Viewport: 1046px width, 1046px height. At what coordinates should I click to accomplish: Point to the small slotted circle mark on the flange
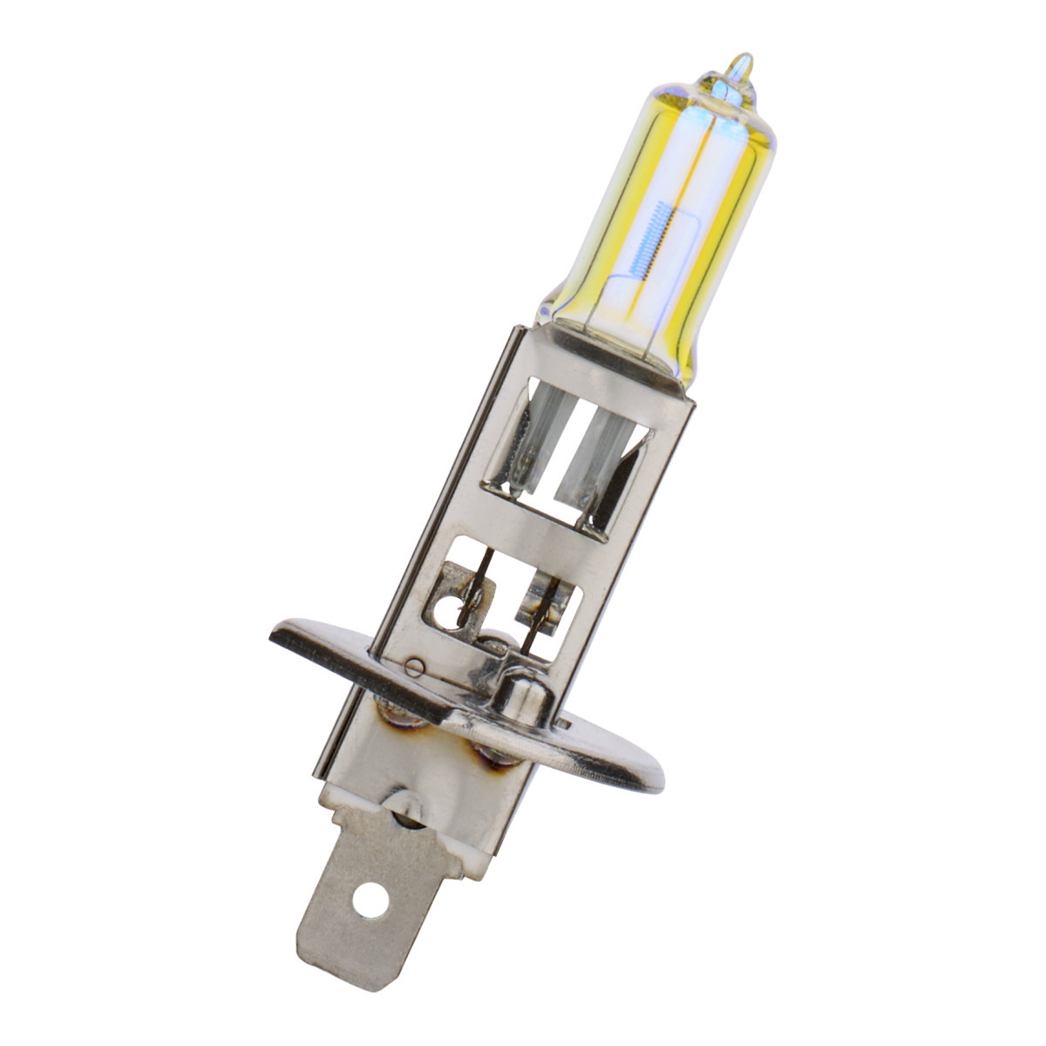(x=415, y=669)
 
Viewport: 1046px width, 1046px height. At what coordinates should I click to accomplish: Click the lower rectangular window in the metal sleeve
(x=497, y=593)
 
